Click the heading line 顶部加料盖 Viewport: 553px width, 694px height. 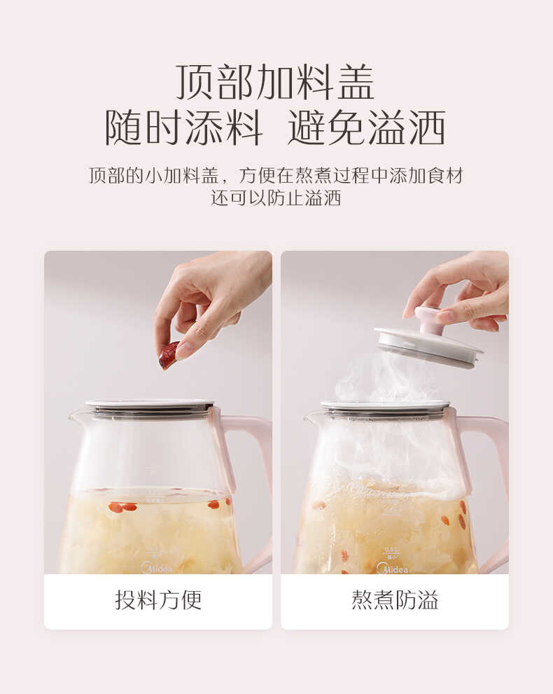tap(275, 83)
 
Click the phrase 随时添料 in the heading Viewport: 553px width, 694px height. tap(183, 128)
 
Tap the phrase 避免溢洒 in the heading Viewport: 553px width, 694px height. tap(366, 128)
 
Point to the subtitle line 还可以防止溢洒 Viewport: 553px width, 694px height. tap(276, 198)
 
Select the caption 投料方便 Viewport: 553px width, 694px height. tap(158, 599)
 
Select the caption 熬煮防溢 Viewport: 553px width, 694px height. tap(395, 599)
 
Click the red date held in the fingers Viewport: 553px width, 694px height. tap(168, 356)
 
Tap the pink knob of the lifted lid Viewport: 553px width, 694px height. tap(428, 319)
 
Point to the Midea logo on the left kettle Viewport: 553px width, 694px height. tap(157, 567)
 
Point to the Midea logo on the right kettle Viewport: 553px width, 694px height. tap(392, 568)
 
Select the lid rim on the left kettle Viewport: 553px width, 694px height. tap(150, 407)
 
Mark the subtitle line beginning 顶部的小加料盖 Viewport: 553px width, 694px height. tap(276, 176)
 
